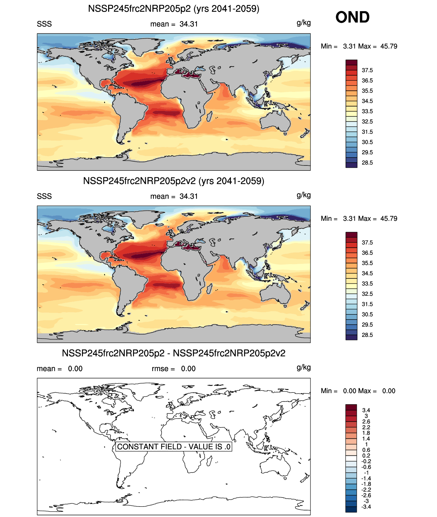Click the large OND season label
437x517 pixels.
(x=352, y=17)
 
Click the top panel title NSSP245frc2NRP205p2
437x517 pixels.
(x=173, y=9)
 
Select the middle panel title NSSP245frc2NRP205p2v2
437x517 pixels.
(x=173, y=181)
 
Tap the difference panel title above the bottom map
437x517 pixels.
(x=173, y=353)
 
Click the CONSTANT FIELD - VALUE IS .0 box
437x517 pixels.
(x=174, y=447)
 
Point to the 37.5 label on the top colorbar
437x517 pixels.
(x=367, y=70)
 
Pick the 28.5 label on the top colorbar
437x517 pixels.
(x=367, y=163)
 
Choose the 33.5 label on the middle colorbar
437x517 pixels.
(x=367, y=284)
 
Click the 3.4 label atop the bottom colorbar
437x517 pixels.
(x=366, y=410)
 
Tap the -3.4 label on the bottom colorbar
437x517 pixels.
(x=366, y=506)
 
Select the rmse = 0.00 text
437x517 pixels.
(x=173, y=369)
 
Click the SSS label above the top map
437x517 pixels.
(x=44, y=24)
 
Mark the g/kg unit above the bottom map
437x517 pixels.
(x=303, y=368)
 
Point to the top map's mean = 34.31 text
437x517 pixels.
(x=174, y=24)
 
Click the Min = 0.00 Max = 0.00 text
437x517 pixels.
(x=358, y=391)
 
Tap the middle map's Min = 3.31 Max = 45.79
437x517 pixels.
(x=359, y=219)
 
